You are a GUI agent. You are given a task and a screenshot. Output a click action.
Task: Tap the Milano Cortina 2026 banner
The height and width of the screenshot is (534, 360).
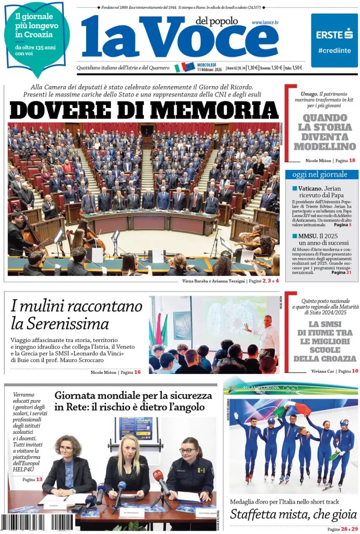click(291, 389)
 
